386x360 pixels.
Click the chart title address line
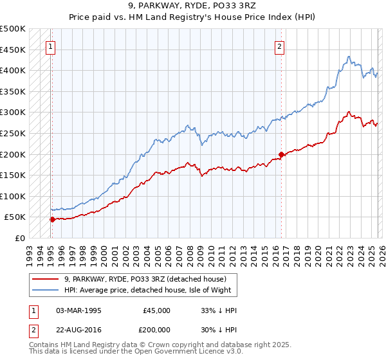coord(193,6)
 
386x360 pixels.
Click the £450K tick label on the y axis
coord(13,50)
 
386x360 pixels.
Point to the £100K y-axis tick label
coord(13,196)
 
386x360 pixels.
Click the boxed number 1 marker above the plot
coord(50,46)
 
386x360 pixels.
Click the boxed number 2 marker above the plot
coord(280,46)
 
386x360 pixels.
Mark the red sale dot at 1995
coord(52,219)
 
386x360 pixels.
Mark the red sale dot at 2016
coord(281,154)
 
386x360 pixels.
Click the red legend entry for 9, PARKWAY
coord(145,279)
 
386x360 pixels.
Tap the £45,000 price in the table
coord(156,310)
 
